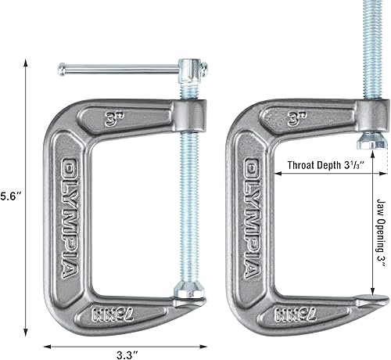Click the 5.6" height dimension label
click(10, 194)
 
